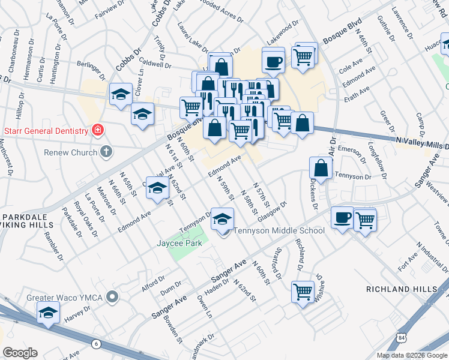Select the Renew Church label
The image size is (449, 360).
click(70, 152)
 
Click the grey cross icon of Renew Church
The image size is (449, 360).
click(106, 151)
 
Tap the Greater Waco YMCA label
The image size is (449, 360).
click(64, 297)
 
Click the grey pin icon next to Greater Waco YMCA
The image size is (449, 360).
click(112, 297)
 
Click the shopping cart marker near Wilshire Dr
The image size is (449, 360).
click(303, 292)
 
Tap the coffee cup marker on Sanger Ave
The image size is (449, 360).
click(342, 218)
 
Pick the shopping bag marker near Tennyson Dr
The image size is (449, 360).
click(321, 169)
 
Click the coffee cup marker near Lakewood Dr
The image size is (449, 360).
click(273, 61)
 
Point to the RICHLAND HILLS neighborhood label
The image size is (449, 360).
click(402, 289)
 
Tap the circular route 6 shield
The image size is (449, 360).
click(96, 343)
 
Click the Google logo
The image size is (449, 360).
click(20, 352)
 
